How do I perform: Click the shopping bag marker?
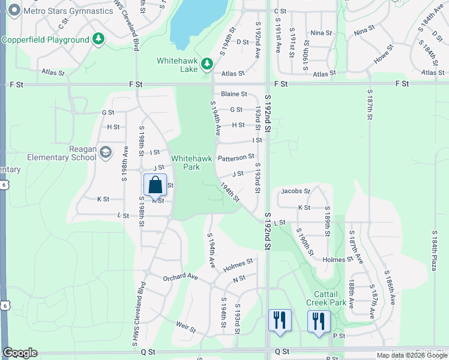(155, 185)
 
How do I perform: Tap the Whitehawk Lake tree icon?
(207, 63)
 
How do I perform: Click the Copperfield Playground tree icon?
(98, 40)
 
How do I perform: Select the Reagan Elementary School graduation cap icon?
(106, 152)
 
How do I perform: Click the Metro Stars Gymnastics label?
(66, 11)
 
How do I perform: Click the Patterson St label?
(236, 158)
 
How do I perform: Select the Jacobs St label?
(295, 191)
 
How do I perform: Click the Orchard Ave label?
(180, 277)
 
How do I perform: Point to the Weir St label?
(185, 328)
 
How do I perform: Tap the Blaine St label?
(234, 94)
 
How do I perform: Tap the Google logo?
(20, 353)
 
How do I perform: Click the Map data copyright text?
(412, 355)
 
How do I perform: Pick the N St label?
(240, 278)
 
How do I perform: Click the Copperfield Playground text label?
(46, 40)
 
